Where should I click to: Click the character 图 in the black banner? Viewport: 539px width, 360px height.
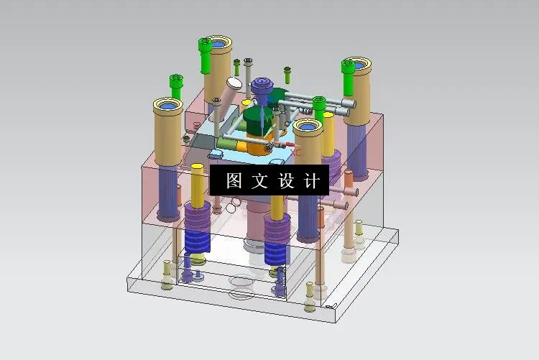[234, 180]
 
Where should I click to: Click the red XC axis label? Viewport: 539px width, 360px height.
[296, 152]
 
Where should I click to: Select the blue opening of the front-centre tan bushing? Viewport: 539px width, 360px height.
[308, 128]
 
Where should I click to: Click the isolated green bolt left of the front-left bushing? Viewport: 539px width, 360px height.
[175, 86]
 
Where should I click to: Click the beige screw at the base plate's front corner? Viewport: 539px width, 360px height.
[310, 296]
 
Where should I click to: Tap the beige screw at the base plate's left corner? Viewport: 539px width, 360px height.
[167, 274]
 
